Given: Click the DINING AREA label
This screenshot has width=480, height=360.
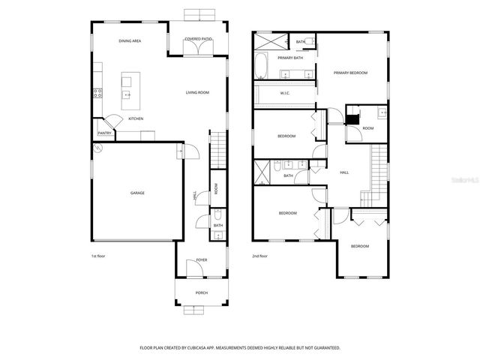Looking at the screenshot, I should pyautogui.click(x=130, y=40).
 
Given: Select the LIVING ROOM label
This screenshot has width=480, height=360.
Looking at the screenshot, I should pyautogui.click(x=197, y=92).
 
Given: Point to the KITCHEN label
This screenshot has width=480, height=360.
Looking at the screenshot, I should pyautogui.click(x=136, y=118).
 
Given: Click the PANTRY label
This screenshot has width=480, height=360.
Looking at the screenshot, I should pyautogui.click(x=104, y=133).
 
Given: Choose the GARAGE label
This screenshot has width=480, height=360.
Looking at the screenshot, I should pyautogui.click(x=137, y=193).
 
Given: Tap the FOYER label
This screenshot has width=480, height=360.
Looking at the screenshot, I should pyautogui.click(x=201, y=260).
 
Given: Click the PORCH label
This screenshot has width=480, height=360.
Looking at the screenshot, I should pyautogui.click(x=201, y=292).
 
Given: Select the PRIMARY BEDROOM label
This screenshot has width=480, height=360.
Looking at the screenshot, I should pyautogui.click(x=351, y=73).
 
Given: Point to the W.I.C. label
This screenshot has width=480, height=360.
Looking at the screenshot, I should pyautogui.click(x=285, y=93).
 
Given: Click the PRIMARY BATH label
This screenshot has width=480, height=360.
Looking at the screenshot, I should pyautogui.click(x=289, y=58).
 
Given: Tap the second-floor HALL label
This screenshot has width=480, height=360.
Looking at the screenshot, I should pyautogui.click(x=344, y=172).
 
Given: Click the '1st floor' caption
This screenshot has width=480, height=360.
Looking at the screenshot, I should pyautogui.click(x=99, y=256).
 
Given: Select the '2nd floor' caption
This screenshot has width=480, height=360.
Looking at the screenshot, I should pyautogui.click(x=260, y=256).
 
